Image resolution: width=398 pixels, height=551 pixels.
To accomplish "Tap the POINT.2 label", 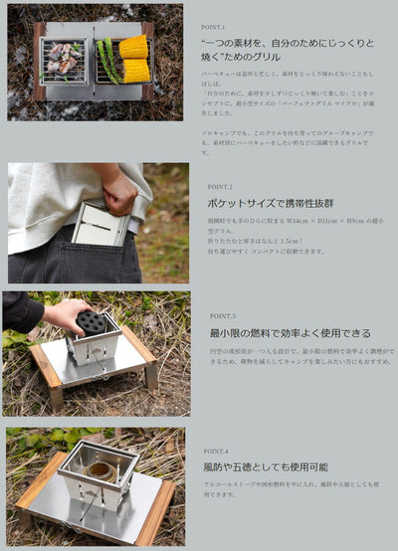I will (x=220, y=186).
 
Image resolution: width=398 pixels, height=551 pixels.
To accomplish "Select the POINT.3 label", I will (x=222, y=315).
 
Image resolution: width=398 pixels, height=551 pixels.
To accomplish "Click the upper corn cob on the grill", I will (x=134, y=47).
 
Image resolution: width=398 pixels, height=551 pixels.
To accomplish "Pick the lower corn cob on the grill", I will (x=136, y=70).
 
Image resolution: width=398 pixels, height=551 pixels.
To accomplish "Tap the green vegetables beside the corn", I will (x=108, y=60).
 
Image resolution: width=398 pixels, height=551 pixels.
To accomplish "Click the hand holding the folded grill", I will (x=118, y=193).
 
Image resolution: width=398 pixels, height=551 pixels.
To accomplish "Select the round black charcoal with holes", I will (x=93, y=323).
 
